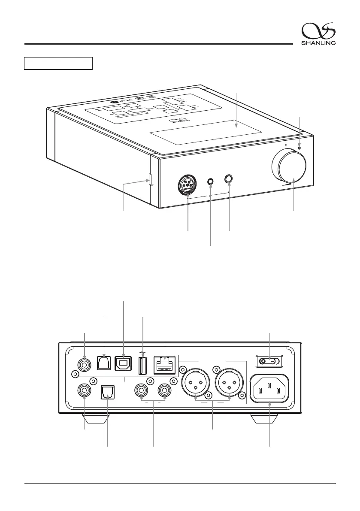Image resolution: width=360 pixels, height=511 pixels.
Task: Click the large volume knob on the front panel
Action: (x=288, y=168)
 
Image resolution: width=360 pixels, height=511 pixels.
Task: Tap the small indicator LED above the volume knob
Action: (x=299, y=147)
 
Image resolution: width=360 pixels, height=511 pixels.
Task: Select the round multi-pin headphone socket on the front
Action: (x=188, y=186)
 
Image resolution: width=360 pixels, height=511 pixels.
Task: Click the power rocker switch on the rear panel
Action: (x=269, y=362)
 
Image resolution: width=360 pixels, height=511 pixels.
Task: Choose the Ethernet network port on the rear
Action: (x=165, y=364)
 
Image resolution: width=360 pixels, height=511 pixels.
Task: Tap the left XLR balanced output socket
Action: (x=195, y=384)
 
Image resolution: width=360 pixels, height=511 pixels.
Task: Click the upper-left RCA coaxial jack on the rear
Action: (x=85, y=366)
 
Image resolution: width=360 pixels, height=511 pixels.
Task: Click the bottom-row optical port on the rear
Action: (x=107, y=392)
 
